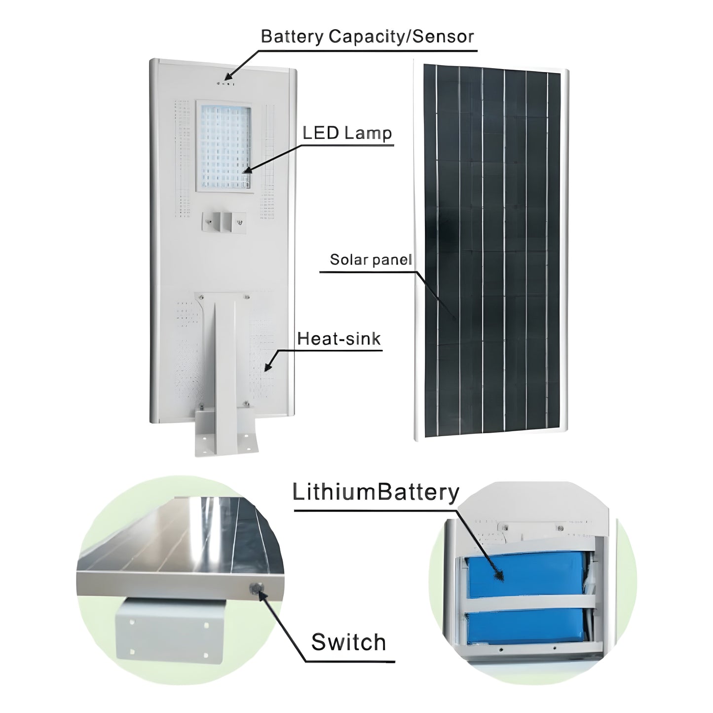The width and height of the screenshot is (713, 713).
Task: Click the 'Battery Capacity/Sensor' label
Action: [367, 37]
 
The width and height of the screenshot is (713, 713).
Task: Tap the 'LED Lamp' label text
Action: [347, 133]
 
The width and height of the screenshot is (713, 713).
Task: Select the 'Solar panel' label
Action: [370, 260]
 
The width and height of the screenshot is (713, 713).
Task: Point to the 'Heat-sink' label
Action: [339, 338]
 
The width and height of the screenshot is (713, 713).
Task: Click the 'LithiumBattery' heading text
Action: [376, 492]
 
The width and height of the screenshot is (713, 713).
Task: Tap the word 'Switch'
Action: [348, 642]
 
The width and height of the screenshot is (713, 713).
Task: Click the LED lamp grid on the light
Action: [225, 146]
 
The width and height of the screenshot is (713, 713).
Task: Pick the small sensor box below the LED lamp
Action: [223, 220]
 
